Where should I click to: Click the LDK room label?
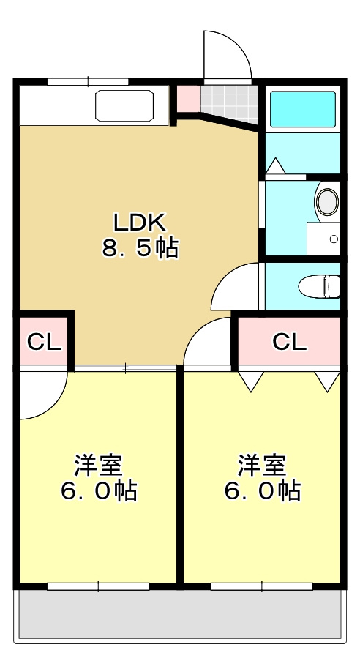(x=140, y=220)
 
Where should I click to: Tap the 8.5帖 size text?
(x=140, y=249)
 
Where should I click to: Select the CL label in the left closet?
(x=43, y=342)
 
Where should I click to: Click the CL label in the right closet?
(x=289, y=342)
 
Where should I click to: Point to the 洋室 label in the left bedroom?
(x=99, y=464)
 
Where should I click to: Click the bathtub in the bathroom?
(x=303, y=109)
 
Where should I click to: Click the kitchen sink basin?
(x=125, y=106)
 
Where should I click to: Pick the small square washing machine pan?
(x=323, y=239)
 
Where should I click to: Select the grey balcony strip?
(x=180, y=614)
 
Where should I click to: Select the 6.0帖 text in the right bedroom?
(x=262, y=491)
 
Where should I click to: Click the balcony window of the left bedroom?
(x=98, y=586)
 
